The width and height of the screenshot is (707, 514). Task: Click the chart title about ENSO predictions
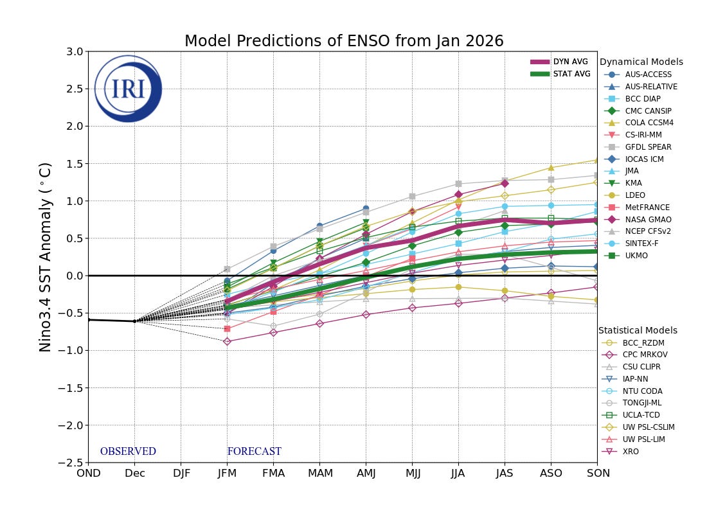(x=344, y=41)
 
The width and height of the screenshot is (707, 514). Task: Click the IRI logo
(x=128, y=89)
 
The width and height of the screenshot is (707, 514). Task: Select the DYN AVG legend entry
(x=560, y=62)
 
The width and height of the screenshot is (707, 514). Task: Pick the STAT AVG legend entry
(x=560, y=74)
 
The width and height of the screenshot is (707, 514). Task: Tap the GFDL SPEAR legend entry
(x=643, y=147)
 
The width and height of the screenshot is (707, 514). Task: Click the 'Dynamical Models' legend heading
(x=641, y=62)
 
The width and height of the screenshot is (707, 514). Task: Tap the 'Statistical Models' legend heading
(x=638, y=330)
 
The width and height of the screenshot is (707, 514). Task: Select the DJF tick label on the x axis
(x=181, y=474)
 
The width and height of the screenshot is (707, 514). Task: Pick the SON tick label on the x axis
(x=596, y=474)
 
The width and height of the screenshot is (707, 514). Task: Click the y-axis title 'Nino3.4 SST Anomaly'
(x=46, y=256)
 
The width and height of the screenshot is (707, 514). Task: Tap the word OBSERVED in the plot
(x=128, y=452)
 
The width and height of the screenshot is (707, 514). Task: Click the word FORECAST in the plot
(x=254, y=452)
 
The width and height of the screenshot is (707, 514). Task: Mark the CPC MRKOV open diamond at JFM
(x=227, y=341)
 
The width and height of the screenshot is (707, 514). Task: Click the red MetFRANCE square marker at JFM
(x=227, y=329)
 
